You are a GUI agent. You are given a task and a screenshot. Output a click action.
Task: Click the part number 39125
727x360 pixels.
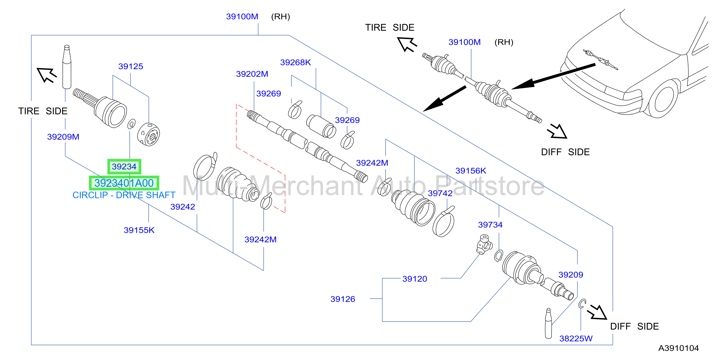(131, 66)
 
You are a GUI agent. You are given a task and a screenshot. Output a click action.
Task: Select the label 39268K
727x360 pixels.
(296, 62)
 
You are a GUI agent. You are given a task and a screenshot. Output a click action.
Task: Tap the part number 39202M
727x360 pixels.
(252, 74)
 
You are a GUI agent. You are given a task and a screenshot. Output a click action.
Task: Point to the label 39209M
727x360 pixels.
(63, 137)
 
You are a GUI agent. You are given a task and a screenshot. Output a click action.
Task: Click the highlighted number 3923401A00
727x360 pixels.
(124, 183)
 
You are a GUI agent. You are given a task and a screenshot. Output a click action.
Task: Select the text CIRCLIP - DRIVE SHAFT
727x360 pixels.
(124, 195)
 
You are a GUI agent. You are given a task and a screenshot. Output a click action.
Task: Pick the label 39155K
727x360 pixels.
(139, 230)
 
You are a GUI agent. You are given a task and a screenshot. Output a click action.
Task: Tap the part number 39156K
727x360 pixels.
(471, 171)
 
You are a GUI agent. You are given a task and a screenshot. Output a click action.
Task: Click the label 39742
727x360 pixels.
(440, 193)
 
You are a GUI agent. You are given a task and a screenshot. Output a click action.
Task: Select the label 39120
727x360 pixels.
(415, 279)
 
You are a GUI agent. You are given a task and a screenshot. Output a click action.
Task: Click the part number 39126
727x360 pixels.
(343, 299)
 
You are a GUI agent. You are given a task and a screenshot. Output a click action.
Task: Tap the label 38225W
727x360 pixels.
(576, 339)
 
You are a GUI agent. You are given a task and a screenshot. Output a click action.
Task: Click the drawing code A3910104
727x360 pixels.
(679, 348)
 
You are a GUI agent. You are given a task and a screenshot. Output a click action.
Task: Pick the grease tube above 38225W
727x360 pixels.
(548, 323)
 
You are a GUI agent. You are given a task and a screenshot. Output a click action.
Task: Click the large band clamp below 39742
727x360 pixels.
(444, 222)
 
